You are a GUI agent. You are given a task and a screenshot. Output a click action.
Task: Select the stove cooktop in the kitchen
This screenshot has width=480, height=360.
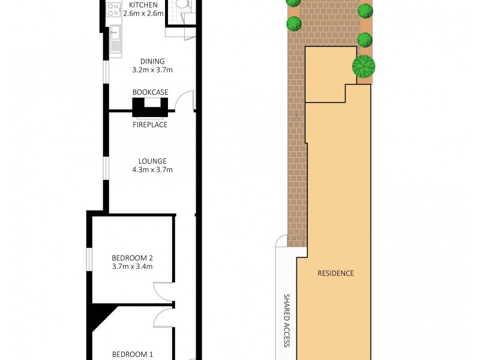(x=113, y=10)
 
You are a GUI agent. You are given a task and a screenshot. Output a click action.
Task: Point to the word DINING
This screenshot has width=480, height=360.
(x=152, y=61)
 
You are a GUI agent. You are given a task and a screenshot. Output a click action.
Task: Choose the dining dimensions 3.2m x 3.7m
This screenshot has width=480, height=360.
(x=152, y=70)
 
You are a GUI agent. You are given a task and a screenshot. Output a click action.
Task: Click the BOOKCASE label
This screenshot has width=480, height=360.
(x=150, y=92)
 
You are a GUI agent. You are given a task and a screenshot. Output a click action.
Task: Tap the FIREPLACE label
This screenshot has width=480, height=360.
(x=150, y=125)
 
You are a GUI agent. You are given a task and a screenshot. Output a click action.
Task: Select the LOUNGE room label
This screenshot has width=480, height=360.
(x=152, y=161)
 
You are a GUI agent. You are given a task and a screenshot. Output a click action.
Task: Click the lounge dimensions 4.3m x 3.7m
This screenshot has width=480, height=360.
(x=152, y=170)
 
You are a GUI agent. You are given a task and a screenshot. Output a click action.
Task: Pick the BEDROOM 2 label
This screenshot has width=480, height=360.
(x=132, y=258)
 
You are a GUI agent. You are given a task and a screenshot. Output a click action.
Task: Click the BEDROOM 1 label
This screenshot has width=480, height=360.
(x=132, y=355)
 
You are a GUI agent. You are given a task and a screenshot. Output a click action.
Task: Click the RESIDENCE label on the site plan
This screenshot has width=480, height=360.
(x=335, y=274)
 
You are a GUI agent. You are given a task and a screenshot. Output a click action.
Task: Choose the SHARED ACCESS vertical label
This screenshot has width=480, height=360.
(x=287, y=320)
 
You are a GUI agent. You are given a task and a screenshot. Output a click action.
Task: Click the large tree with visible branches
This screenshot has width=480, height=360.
(x=364, y=65)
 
